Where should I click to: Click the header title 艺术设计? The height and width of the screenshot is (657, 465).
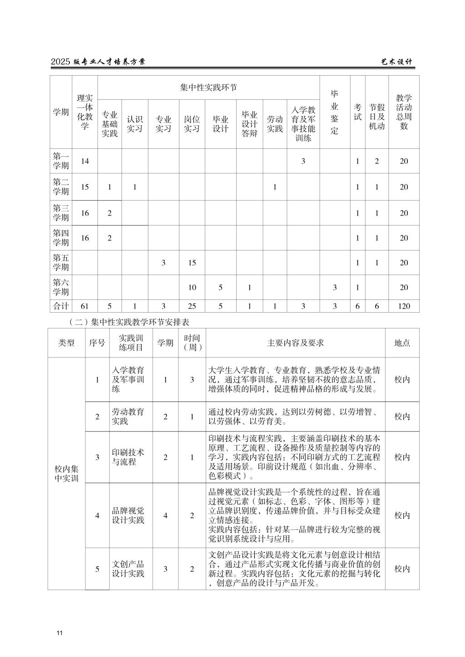pos(396,62)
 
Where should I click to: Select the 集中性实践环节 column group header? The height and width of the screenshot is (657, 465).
pos(208,88)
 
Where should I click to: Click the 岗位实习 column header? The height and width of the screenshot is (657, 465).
pos(192,124)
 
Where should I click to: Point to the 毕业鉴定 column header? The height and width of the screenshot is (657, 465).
pos(335,112)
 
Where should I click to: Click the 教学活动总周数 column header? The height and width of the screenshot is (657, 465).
pos(404,112)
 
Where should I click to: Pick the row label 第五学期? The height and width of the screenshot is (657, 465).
pos(61,262)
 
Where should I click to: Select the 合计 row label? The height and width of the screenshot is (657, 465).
pos(61,306)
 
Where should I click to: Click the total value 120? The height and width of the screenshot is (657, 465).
pos(404,306)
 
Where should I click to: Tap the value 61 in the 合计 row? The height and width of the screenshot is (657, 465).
pos(84,306)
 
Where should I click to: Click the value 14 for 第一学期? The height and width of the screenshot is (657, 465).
pos(84,161)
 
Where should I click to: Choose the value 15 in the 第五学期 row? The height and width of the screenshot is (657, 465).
pos(192,263)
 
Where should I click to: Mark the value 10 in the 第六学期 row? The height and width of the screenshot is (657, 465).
pos(192,287)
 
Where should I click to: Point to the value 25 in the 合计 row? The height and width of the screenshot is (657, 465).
pos(192,306)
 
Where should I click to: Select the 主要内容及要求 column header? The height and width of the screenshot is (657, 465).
pos(295,343)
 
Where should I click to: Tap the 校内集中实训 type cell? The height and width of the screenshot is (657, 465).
pos(66,473)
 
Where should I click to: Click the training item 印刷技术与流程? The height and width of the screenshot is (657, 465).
pos(128,457)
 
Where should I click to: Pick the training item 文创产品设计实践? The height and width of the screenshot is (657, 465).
pos(128,569)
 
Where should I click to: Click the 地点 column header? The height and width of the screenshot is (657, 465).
pos(402,343)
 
